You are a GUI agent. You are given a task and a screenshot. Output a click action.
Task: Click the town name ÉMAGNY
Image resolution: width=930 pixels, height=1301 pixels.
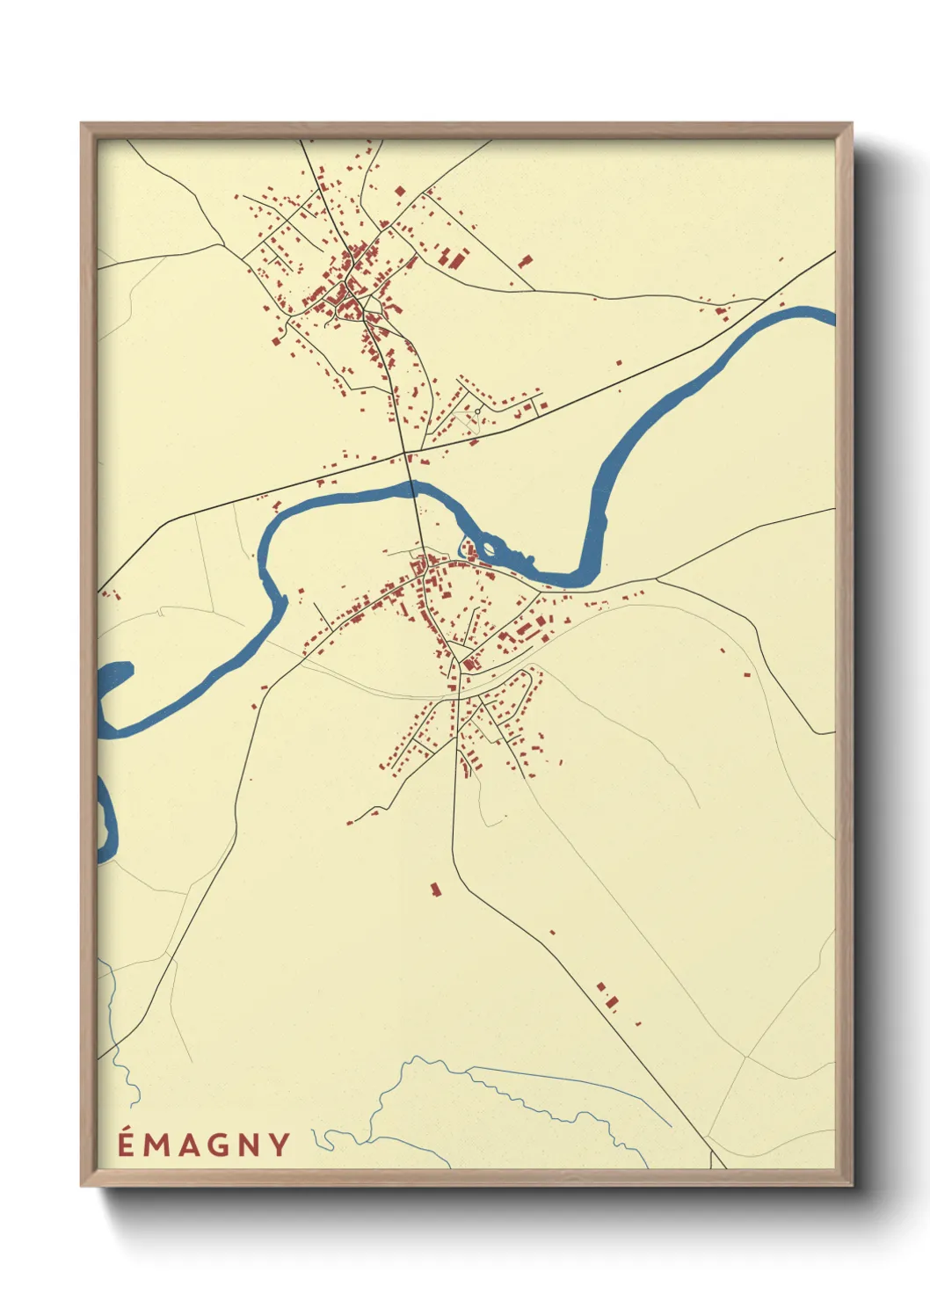tap(204, 1144)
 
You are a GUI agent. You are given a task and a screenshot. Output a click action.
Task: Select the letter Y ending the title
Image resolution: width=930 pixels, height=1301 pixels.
tap(280, 1144)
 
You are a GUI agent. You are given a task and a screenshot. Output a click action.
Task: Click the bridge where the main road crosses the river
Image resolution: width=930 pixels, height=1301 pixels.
tap(412, 489)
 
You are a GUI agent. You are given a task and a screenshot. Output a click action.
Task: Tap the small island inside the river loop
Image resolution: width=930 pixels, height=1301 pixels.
tap(489, 550)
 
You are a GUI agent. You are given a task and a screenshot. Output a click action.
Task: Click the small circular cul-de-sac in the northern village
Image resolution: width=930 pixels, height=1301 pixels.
tap(477, 411)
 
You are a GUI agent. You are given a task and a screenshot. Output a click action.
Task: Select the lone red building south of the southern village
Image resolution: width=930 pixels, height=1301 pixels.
tap(434, 890)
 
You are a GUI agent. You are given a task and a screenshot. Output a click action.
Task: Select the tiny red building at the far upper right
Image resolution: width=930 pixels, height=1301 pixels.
tap(779, 258)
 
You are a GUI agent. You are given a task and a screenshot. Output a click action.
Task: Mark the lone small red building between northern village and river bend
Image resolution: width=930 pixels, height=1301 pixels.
tap(618, 362)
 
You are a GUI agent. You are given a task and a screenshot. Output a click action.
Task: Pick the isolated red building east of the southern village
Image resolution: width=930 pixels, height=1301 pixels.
tap(746, 675)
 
